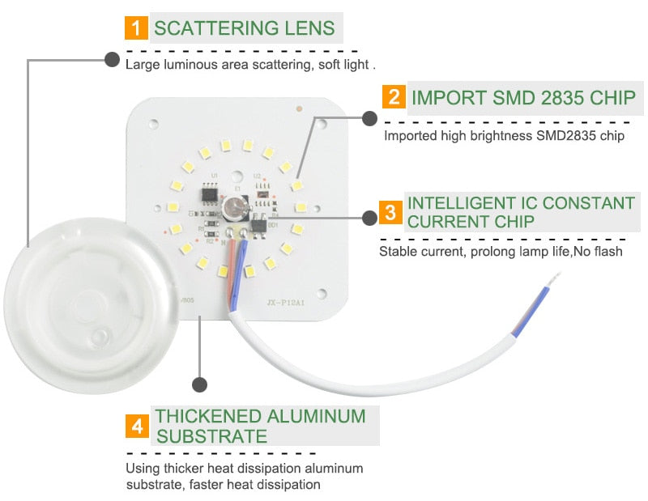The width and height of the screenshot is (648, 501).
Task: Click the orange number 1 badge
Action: click(x=135, y=28)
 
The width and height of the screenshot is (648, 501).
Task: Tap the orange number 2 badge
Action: click(x=394, y=97)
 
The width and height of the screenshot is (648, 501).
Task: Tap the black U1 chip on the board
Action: click(x=210, y=193)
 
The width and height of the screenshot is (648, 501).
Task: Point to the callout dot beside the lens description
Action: click(x=111, y=59)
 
